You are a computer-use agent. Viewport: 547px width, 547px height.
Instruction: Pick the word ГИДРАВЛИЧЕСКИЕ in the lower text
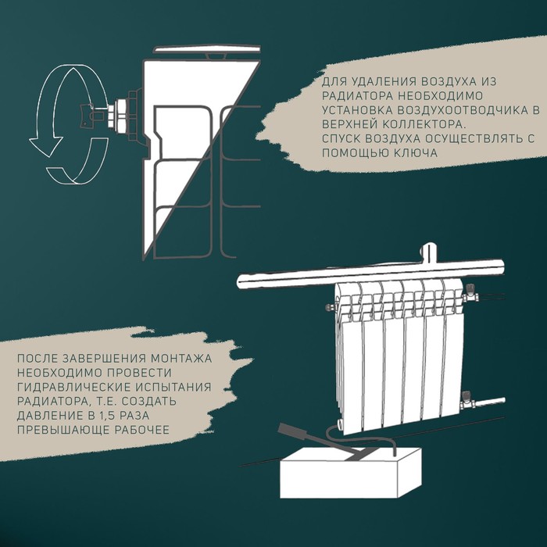pyautogui.click(x=66, y=388)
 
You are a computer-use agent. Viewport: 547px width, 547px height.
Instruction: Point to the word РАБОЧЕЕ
pyautogui.click(x=142, y=430)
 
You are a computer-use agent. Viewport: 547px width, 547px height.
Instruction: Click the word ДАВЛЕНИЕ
pyautogui.click(x=42, y=416)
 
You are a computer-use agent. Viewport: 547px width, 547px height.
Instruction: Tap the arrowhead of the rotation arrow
pyautogui.click(x=45, y=146)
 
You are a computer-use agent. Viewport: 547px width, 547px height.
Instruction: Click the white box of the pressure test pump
pyautogui.click(x=350, y=474)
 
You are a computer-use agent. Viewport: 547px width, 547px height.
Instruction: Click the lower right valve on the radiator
pyautogui.click(x=467, y=401)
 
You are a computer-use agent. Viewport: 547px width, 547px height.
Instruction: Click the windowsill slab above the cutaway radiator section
pyautogui.click(x=208, y=49)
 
